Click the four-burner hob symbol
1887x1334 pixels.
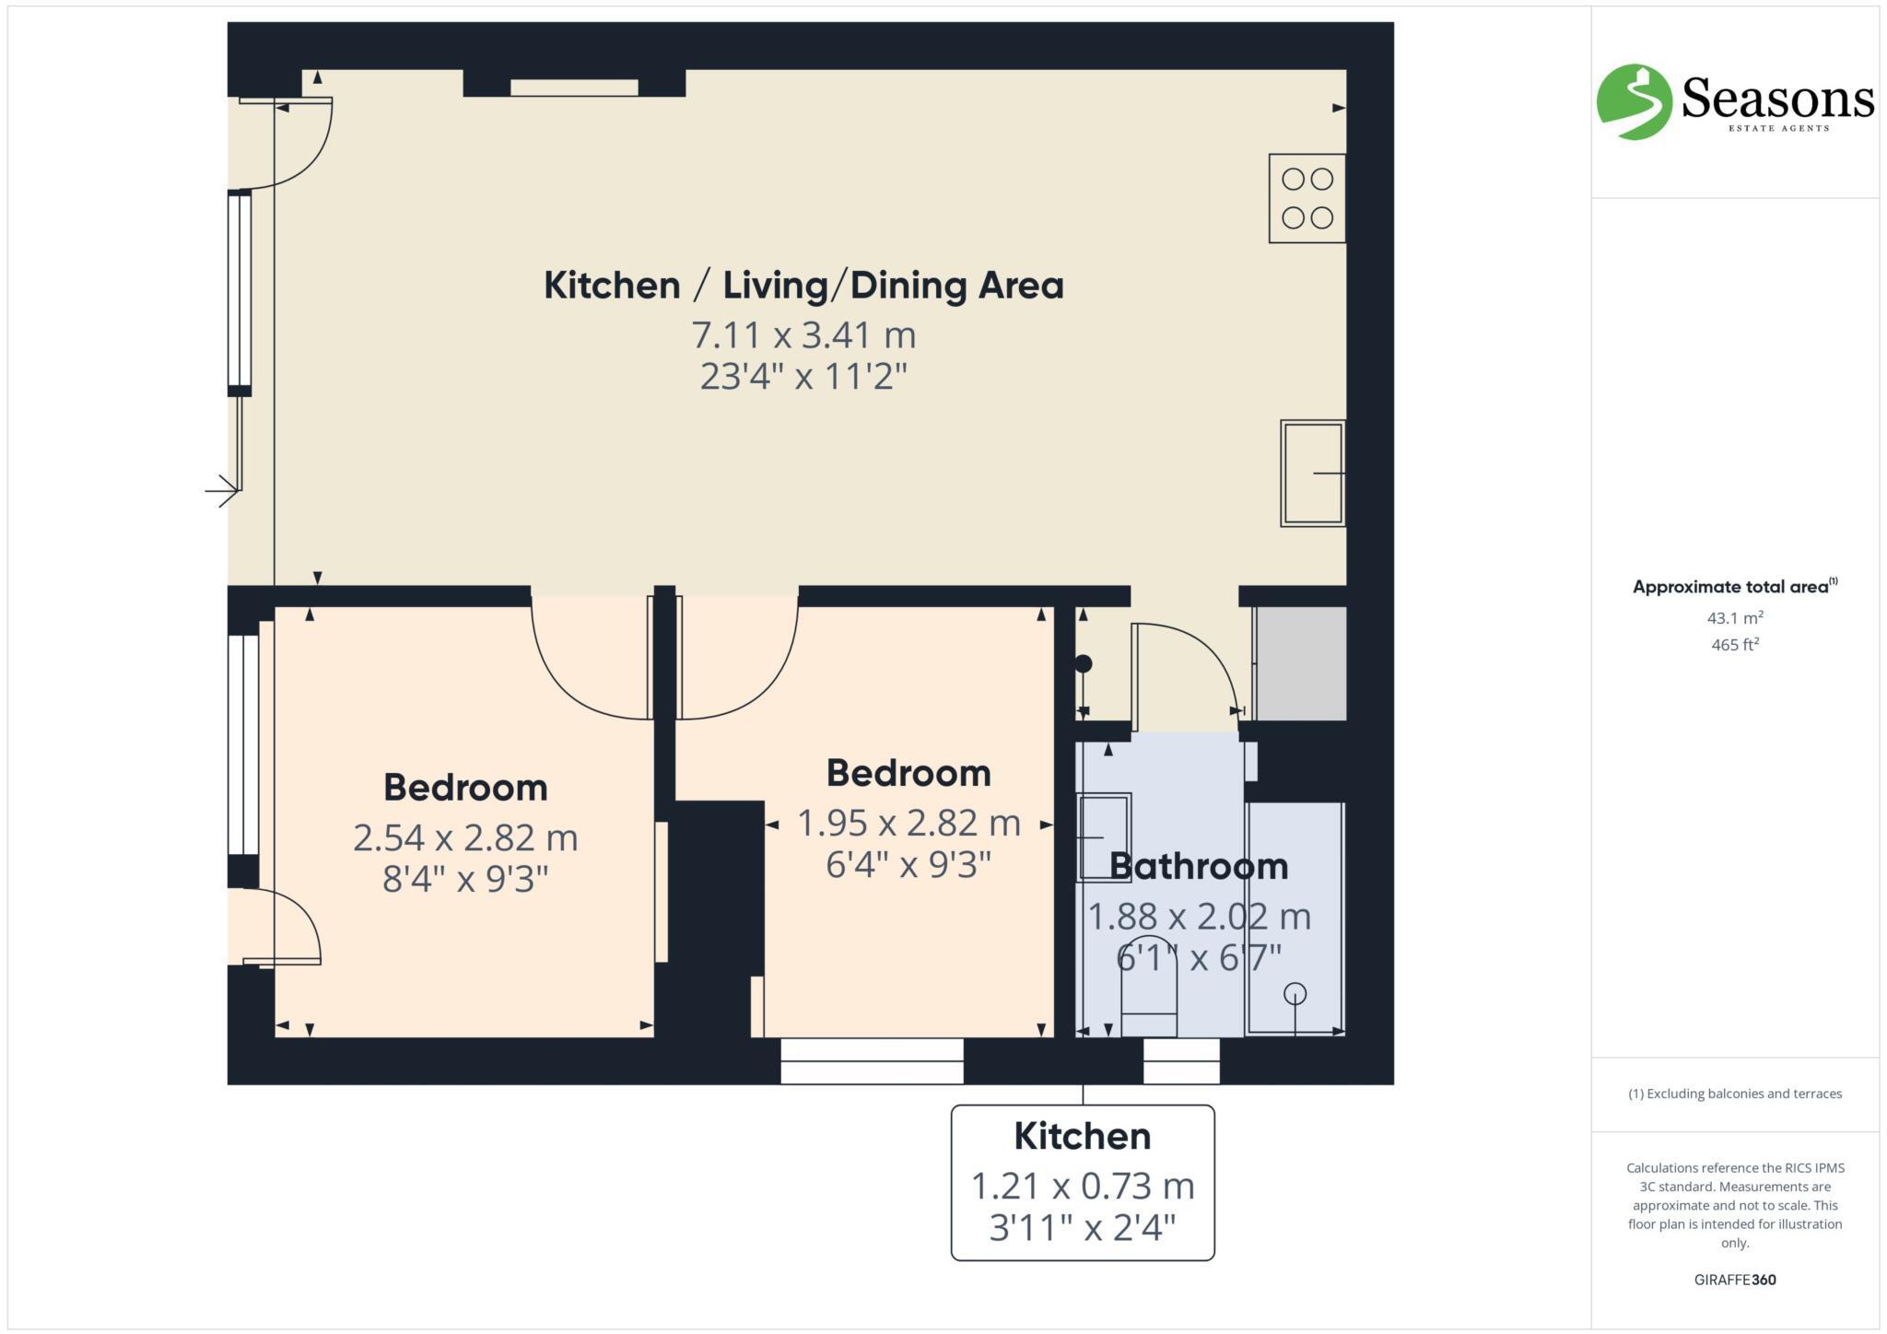pyautogui.click(x=1307, y=198)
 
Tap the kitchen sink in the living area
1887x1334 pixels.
pyautogui.click(x=1312, y=474)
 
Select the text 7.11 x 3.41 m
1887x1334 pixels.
pyautogui.click(x=803, y=335)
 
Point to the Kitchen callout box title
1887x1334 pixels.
pyautogui.click(x=1083, y=1137)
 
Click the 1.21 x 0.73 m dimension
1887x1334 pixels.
pyautogui.click(x=1083, y=1187)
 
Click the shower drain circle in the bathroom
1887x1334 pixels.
pyautogui.click(x=1295, y=994)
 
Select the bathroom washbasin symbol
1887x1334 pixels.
pyautogui.click(x=1103, y=837)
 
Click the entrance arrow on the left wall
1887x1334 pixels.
pyautogui.click(x=221, y=490)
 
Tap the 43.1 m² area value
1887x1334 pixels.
pyautogui.click(x=1734, y=618)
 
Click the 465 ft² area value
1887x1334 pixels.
pyautogui.click(x=1734, y=645)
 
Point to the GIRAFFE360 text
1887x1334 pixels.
pyautogui.click(x=1734, y=1280)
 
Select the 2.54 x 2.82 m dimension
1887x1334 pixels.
pyautogui.click(x=465, y=838)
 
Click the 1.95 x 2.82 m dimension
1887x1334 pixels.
pyautogui.click(x=908, y=824)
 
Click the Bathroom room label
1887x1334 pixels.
pyautogui.click(x=1198, y=867)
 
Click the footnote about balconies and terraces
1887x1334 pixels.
pyautogui.click(x=1734, y=1094)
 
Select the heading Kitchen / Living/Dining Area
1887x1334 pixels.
pyautogui.click(x=803, y=286)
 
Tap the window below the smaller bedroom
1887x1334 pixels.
pyautogui.click(x=872, y=1060)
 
